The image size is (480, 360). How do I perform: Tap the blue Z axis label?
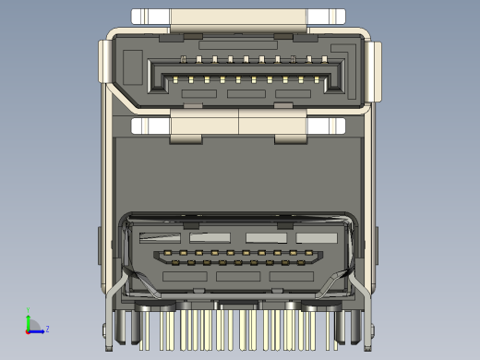[47, 329]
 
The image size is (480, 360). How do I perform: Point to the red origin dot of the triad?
[29, 330]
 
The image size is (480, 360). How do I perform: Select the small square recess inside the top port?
[132, 69]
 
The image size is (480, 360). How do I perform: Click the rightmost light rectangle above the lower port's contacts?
[316, 237]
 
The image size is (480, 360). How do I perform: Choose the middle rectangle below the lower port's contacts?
[238, 276]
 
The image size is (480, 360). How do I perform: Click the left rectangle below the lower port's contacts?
[185, 276]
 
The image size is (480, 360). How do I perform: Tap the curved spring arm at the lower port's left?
[123, 277]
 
